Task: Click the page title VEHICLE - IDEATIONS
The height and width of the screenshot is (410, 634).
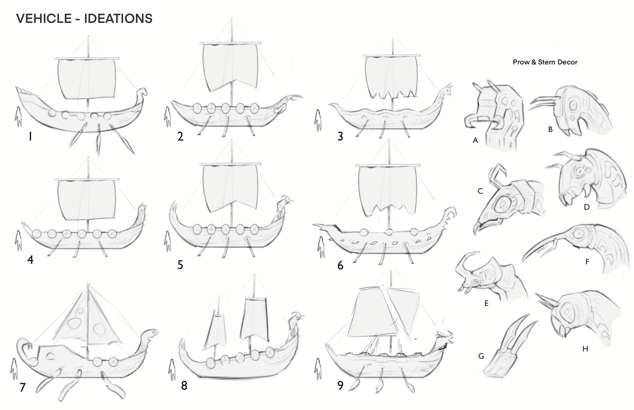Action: tap(84, 18)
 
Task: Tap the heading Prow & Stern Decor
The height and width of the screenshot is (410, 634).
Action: tap(545, 62)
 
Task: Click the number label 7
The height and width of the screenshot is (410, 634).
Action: tap(23, 387)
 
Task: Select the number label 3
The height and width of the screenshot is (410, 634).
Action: tap(340, 137)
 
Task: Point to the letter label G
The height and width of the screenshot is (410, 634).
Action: tap(481, 356)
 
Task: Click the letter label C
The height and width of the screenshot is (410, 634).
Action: tap(480, 191)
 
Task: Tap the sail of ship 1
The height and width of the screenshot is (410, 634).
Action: tap(86, 78)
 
